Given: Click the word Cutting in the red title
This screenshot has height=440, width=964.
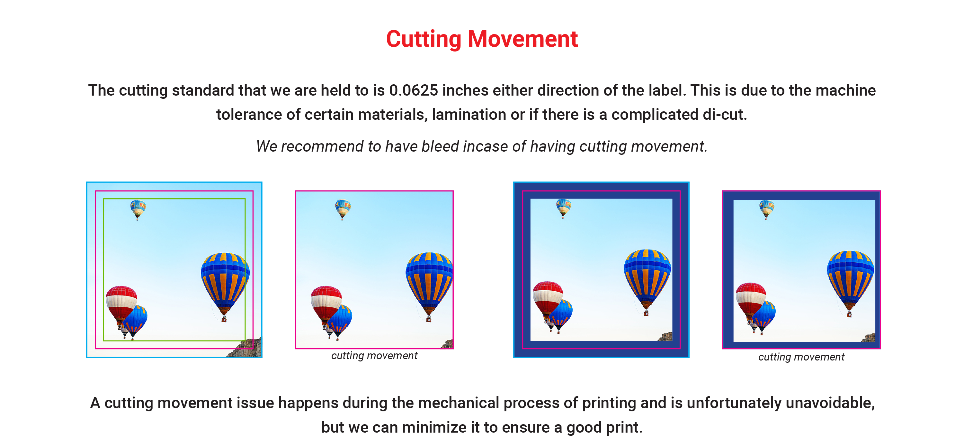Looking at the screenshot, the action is tap(424, 39).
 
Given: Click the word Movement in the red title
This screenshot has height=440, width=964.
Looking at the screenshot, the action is tap(523, 39).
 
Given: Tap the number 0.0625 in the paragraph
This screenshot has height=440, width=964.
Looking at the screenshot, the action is tap(414, 90).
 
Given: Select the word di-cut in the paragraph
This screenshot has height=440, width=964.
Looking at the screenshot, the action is tap(724, 114).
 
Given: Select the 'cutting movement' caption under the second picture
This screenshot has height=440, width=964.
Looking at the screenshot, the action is tap(374, 356).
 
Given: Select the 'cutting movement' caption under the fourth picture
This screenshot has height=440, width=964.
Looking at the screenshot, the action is tap(801, 357).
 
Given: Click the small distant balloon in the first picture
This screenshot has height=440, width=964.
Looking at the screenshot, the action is tap(138, 210).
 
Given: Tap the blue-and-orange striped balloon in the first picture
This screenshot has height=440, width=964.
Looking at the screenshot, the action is tap(225, 286).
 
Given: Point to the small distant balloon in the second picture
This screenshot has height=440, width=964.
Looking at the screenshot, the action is tap(343, 209).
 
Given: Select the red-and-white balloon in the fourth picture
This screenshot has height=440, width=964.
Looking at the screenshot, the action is tap(750, 302).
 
